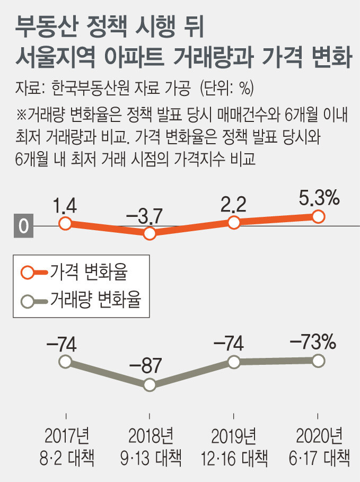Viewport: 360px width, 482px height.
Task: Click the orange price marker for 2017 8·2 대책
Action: [65, 224]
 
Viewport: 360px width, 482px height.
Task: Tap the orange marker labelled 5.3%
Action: [318, 216]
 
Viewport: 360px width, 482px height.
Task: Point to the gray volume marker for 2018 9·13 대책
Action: [150, 385]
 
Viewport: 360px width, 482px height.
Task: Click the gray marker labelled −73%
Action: [318, 361]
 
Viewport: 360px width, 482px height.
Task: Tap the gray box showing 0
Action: [23, 226]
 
